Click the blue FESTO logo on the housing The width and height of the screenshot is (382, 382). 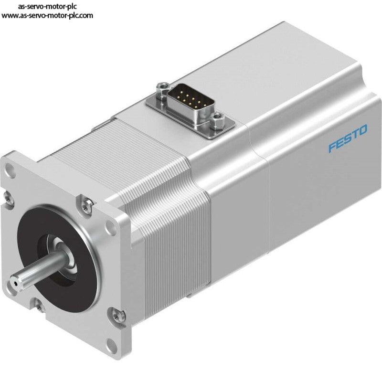click(x=348, y=138)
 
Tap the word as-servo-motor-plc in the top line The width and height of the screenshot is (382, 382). click(x=47, y=6)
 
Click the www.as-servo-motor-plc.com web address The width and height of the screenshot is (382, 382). click(x=47, y=16)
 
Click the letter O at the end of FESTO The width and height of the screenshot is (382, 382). click(x=363, y=130)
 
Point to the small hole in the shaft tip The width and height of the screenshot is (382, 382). click(x=16, y=284)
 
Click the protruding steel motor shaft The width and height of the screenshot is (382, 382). click(x=39, y=271)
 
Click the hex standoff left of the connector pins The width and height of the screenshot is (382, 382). click(x=163, y=91)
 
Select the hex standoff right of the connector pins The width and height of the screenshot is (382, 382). click(x=217, y=120)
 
